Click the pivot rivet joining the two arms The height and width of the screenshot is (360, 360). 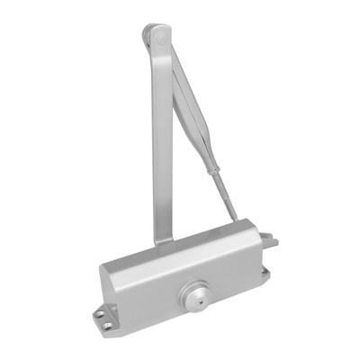pos(158,38)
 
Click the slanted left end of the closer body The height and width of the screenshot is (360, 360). pos(109,283)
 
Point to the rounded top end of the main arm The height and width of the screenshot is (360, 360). pos(152,34)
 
